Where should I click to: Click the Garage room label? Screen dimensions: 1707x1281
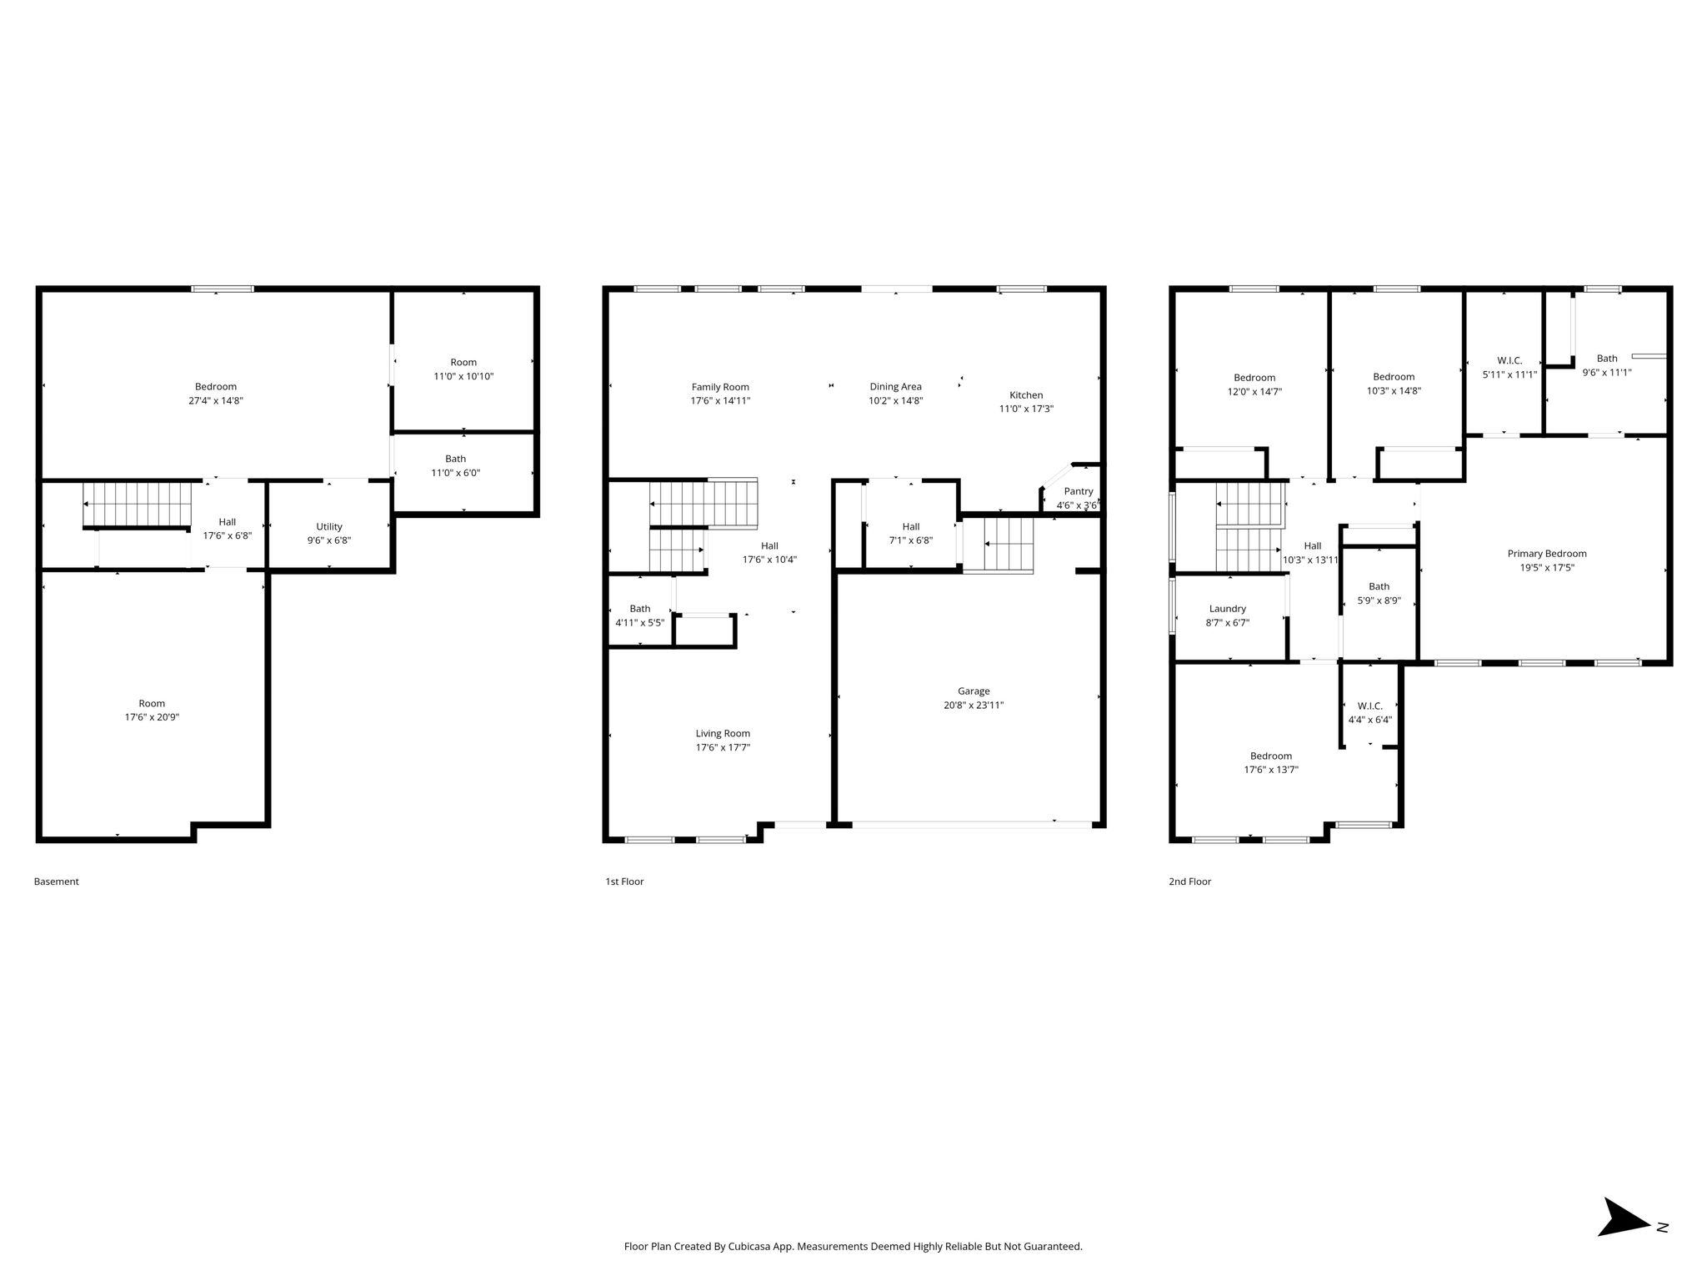tap(974, 691)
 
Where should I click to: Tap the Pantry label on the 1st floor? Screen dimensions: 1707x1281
tap(1078, 491)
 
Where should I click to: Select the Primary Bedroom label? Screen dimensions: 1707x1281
tap(1547, 554)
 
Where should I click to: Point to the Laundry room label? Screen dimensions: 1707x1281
tap(1228, 609)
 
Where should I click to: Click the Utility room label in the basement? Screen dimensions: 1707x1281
tap(329, 526)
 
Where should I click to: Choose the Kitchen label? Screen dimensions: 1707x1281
tap(1026, 395)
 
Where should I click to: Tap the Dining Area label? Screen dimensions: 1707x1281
tap(896, 387)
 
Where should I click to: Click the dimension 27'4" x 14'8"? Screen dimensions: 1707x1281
tap(216, 400)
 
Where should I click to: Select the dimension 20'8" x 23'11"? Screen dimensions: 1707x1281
tap(974, 705)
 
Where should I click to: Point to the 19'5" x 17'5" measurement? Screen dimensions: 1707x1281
tap(1547, 568)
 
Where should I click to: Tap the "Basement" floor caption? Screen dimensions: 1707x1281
tap(57, 882)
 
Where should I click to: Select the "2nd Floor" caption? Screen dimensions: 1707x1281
tap(1190, 882)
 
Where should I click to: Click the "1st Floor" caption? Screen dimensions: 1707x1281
tap(625, 882)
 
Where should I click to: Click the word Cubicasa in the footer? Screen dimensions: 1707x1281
tap(749, 1247)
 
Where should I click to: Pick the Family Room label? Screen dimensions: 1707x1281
tap(720, 387)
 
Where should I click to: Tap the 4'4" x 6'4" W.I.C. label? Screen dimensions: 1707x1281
tap(1370, 713)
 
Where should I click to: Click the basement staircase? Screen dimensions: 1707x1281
tap(138, 504)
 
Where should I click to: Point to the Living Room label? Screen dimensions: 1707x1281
tap(723, 734)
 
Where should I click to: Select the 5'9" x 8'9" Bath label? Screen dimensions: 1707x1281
tap(1379, 593)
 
